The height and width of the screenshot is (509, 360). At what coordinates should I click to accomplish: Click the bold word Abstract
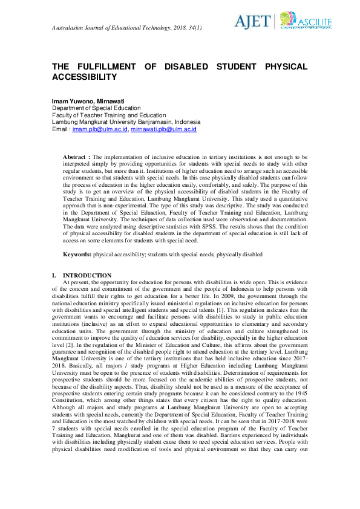coord(75,157)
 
